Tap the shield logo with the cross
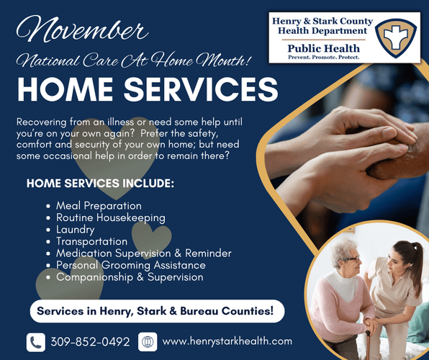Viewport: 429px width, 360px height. [399, 36]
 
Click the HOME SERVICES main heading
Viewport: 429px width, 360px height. [148, 89]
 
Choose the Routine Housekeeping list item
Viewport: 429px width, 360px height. [110, 217]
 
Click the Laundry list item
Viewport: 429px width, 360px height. [75, 230]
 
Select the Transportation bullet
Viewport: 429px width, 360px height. [91, 241]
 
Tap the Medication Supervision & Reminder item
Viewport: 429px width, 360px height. [143, 253]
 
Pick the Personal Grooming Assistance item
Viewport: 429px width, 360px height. [130, 265]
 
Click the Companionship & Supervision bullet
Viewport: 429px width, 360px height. [130, 276]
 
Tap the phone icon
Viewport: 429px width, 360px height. [35, 341]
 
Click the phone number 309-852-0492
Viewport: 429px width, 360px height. [90, 341]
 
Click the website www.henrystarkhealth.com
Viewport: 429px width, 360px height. [227, 341]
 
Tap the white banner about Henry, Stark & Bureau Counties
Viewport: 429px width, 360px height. [157, 312]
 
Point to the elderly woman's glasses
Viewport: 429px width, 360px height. [351, 259]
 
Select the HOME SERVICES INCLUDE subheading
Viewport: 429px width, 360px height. [100, 184]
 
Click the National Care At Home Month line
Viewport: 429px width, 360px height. [132, 61]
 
